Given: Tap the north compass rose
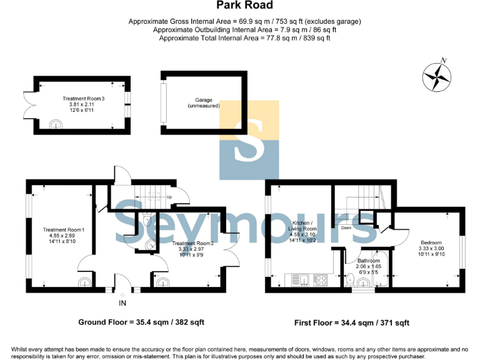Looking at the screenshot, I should click(x=437, y=76).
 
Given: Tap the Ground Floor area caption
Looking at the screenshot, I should click(x=141, y=322).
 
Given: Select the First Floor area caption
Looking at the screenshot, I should click(x=352, y=323).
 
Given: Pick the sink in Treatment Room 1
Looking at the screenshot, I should click(x=84, y=282).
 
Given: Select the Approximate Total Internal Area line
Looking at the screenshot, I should click(x=244, y=38).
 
